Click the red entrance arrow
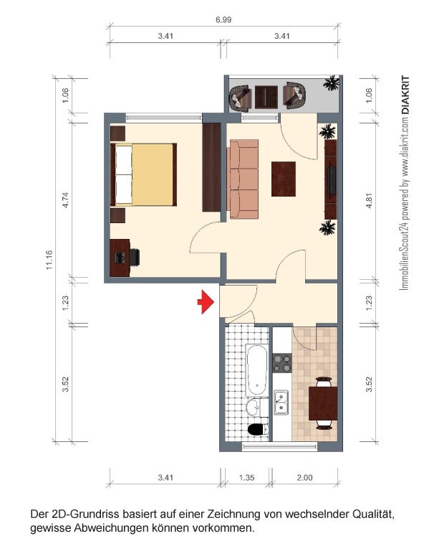(x=206, y=302)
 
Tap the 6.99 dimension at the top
(x=223, y=20)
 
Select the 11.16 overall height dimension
(x=49, y=260)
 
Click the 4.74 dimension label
(x=65, y=199)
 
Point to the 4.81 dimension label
(x=369, y=201)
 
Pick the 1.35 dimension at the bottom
(x=246, y=477)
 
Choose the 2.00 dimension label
(x=304, y=477)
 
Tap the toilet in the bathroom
(x=258, y=429)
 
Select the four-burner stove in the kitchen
(x=282, y=363)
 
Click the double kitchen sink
(x=281, y=403)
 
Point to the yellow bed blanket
(x=153, y=174)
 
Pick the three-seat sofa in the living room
(x=243, y=179)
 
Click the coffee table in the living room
(x=284, y=179)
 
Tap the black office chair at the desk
(x=134, y=257)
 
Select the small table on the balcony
(x=266, y=97)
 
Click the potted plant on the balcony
(x=331, y=83)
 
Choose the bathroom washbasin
(x=253, y=408)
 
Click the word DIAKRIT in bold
(x=405, y=95)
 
